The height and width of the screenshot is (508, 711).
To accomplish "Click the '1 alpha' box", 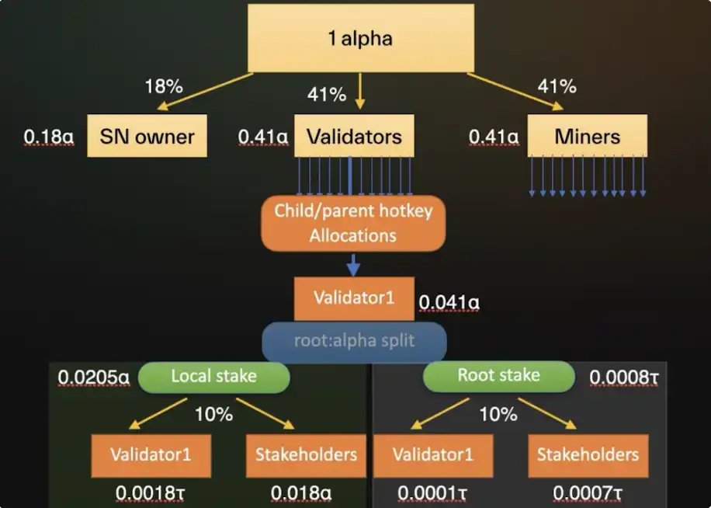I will (360, 38).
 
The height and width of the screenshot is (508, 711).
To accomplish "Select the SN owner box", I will (147, 137).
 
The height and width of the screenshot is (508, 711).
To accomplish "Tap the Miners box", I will (587, 137).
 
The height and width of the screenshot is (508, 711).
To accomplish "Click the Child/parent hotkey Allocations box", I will (353, 224).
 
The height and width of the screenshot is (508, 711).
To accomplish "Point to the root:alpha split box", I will (354, 342).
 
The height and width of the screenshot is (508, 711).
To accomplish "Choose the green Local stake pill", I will (213, 377).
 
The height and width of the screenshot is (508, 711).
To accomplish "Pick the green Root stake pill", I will (498, 376).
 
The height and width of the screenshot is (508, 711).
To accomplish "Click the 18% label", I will (163, 86).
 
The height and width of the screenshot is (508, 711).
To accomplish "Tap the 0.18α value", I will (49, 137).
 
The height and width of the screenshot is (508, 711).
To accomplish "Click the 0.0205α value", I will (94, 378).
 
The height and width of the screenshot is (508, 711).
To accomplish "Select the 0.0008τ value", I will (624, 378).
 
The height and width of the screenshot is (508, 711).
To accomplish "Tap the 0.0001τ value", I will (432, 492).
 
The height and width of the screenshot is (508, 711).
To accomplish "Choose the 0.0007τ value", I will (588, 492).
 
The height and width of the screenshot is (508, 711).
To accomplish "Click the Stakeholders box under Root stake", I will (588, 455).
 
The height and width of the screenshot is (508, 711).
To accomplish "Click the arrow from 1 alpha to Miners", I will (515, 91).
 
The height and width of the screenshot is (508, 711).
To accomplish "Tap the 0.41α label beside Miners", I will (494, 137).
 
